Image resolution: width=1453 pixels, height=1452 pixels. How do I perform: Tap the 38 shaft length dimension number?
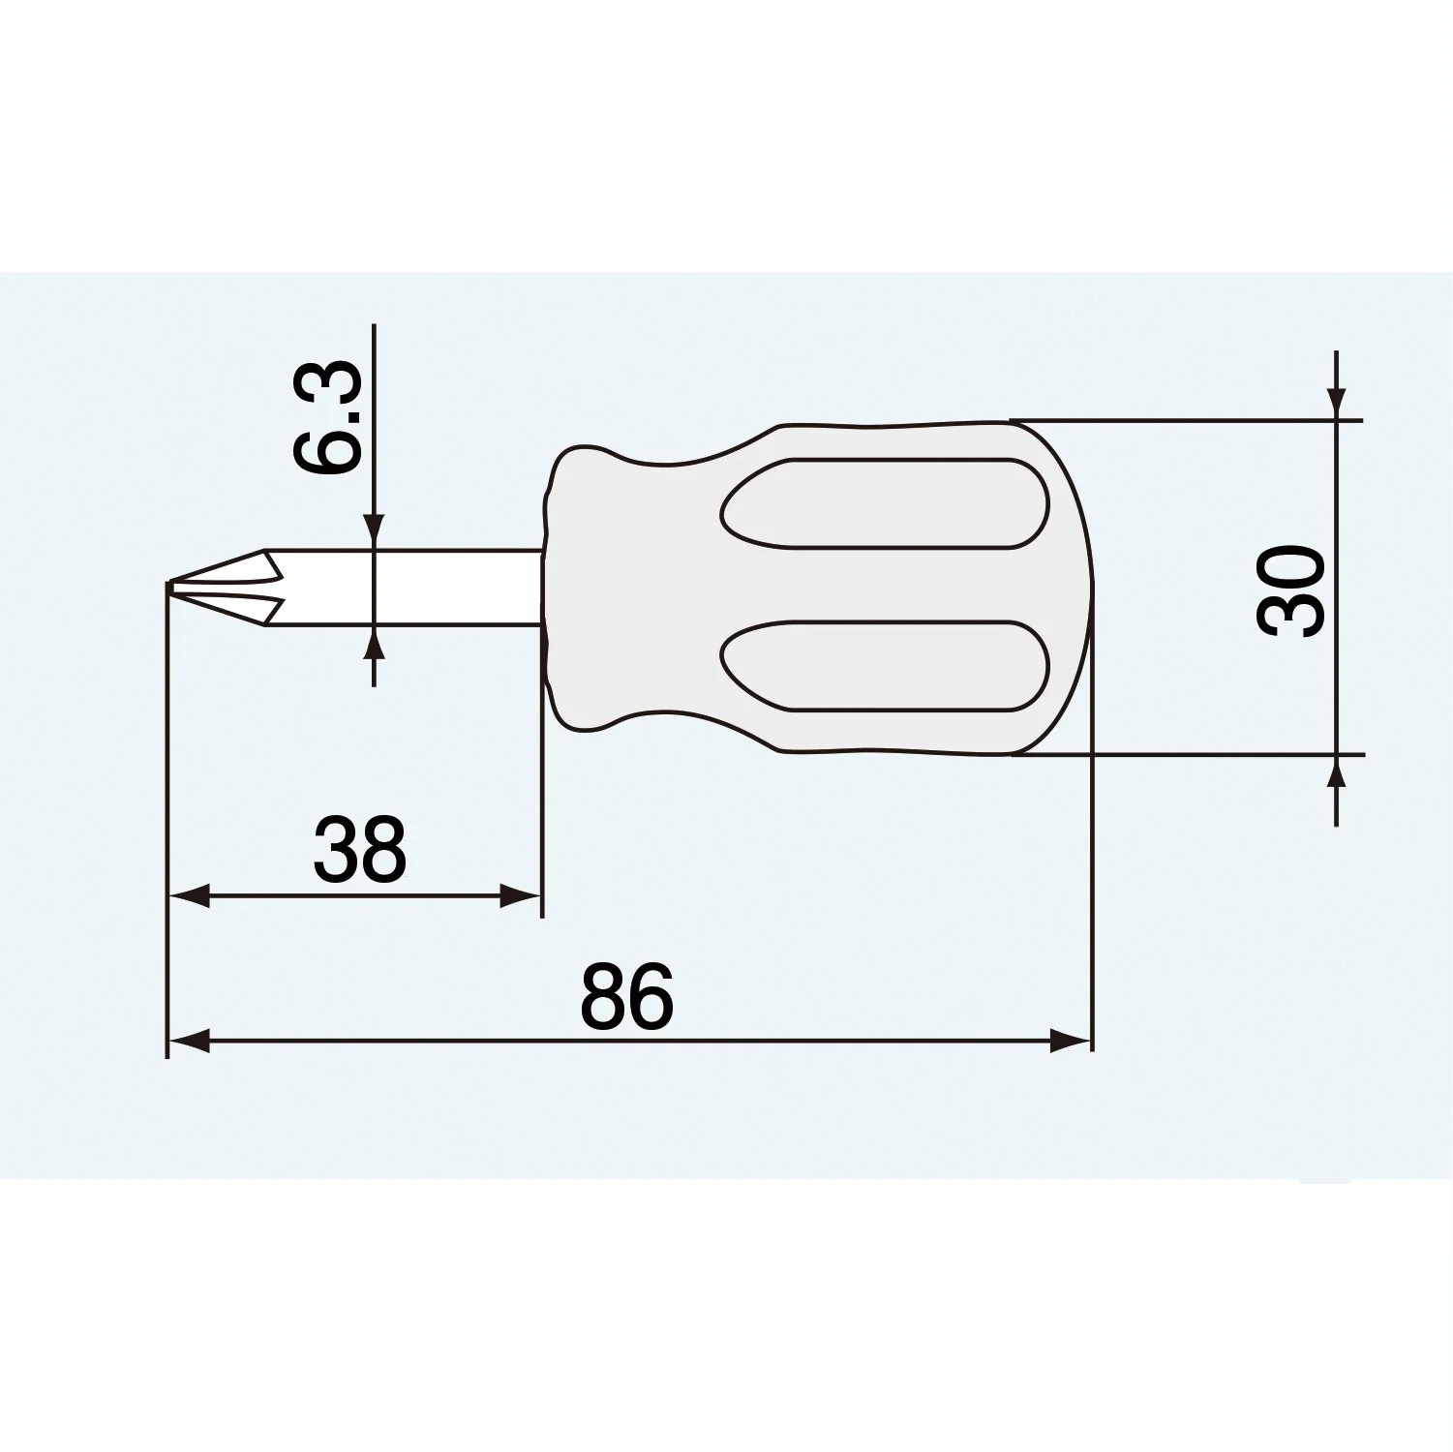(x=359, y=848)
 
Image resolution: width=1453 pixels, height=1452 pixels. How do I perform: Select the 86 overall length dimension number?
(x=626, y=995)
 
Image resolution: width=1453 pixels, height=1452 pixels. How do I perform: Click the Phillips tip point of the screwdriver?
(x=169, y=585)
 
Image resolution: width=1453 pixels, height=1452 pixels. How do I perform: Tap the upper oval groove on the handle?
(x=884, y=504)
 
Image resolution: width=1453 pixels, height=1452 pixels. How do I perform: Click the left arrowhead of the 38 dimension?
(x=190, y=896)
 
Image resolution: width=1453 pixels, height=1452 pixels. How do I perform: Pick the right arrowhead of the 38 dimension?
(x=520, y=896)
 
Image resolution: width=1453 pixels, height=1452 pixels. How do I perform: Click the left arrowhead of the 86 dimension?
(x=190, y=1042)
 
